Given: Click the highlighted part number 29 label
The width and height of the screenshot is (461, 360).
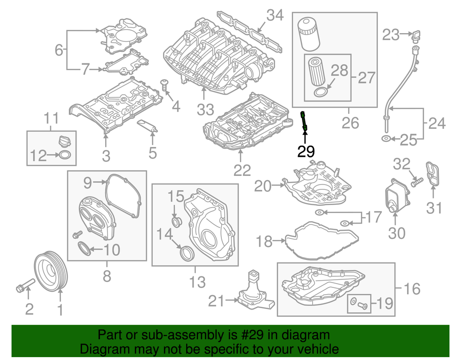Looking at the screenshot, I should tap(306, 152).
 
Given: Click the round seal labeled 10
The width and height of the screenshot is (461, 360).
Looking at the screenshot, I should tap(84, 249).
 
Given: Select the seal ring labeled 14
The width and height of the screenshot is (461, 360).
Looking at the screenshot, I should tap(185, 253).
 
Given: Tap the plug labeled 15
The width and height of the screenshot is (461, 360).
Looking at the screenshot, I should tap(176, 222).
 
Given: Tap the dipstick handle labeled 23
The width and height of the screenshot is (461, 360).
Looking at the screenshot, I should tap(416, 35).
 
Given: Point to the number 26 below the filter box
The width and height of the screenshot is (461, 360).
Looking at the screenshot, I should tap(351, 123).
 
